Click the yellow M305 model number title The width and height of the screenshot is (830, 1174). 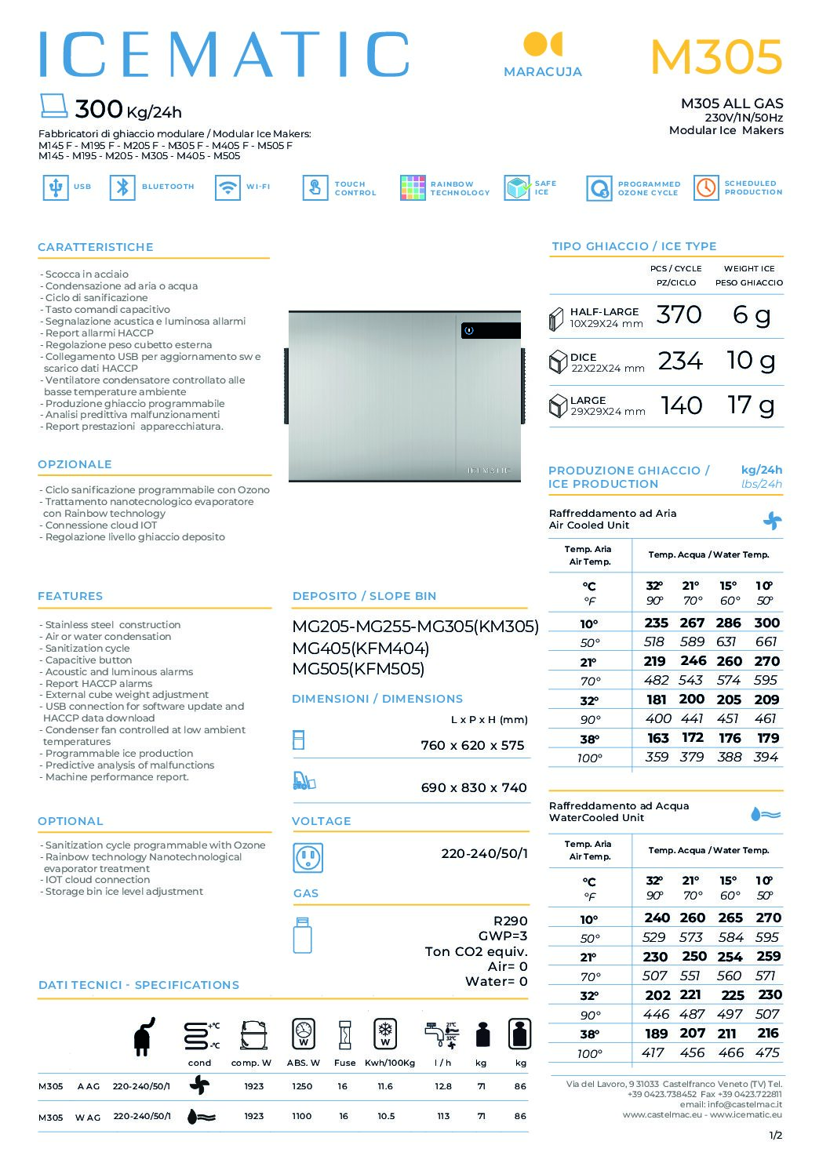pos(716,57)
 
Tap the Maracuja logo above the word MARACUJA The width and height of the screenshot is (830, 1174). pos(542,45)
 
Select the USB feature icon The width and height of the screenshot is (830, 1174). pos(55,187)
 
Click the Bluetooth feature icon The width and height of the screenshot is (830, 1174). pos(122,187)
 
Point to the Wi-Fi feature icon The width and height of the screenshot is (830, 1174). pos(228,187)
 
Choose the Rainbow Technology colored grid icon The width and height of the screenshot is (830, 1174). pos(413,188)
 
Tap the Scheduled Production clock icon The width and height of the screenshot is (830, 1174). pos(706,188)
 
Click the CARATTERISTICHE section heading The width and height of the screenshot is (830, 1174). pos(96,247)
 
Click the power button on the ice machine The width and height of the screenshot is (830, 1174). pos(469,331)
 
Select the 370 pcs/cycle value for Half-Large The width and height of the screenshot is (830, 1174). pos(679,315)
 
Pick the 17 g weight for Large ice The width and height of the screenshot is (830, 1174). pos(751,405)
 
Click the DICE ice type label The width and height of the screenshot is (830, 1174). pos(583,357)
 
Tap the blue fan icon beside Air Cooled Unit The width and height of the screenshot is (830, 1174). pos(772,521)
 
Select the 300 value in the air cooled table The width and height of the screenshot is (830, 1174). pos(766,623)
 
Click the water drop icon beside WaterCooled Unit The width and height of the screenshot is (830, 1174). pos(765,814)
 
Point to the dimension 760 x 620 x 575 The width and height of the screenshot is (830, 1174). pos(472,745)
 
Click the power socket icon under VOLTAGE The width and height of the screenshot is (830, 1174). pos(308,858)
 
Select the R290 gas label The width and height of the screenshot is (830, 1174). pos(510,921)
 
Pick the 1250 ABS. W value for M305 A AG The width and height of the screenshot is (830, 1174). pos(302,1086)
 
